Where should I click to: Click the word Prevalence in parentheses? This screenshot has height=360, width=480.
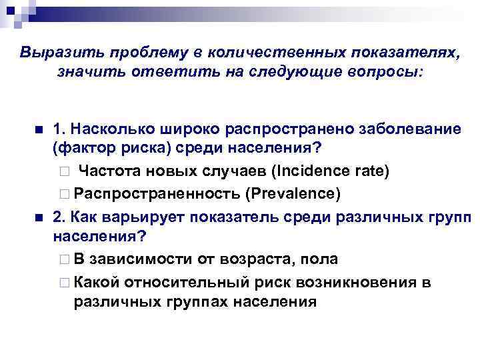click(x=293, y=193)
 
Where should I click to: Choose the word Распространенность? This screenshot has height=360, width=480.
click(x=157, y=193)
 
